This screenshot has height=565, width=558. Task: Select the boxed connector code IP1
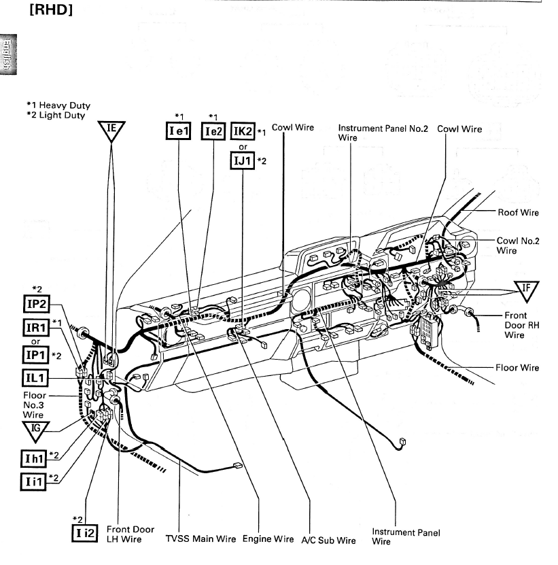(x=40, y=356)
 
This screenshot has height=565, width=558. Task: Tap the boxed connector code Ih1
(x=40, y=458)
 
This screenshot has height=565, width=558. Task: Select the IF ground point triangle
(x=524, y=288)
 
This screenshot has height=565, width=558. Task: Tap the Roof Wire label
(x=518, y=213)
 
